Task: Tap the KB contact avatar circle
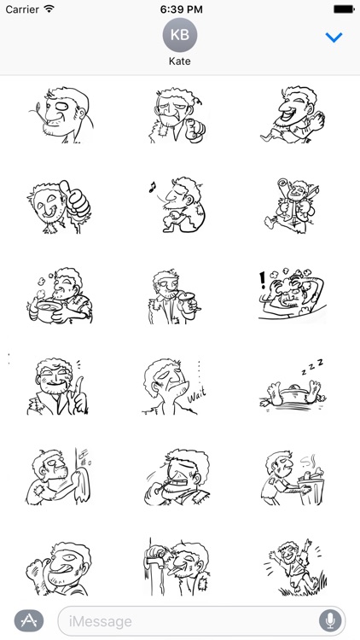click(180, 35)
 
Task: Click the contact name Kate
click(180, 61)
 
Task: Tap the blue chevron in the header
click(334, 38)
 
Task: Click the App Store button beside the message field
click(29, 621)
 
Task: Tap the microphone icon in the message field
click(330, 621)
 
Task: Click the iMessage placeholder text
click(101, 621)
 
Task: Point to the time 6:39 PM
click(181, 9)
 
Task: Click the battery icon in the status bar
click(344, 9)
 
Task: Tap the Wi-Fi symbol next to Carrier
click(49, 9)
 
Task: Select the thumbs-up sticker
click(60, 207)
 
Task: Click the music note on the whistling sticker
click(153, 188)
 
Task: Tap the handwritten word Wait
click(196, 394)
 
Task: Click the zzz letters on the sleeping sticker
click(312, 366)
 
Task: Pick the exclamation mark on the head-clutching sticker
click(263, 281)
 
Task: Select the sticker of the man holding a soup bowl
click(60, 296)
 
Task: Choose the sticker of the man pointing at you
click(177, 115)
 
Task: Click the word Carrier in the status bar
click(23, 9)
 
